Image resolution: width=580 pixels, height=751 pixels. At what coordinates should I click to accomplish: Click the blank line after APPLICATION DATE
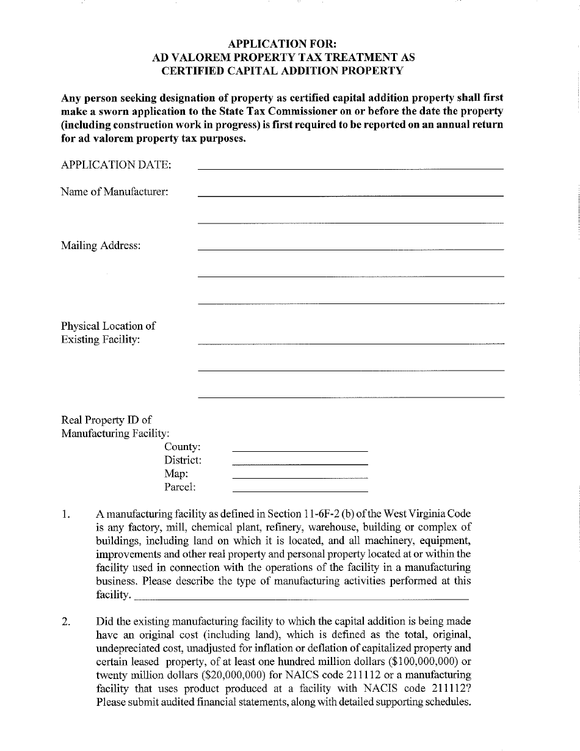point(350,167)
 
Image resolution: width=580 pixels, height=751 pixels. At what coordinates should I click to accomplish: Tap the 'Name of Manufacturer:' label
point(114,192)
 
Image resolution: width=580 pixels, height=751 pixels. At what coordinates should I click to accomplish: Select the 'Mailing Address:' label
point(101,245)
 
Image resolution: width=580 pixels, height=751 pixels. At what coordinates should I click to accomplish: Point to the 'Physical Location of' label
point(108,326)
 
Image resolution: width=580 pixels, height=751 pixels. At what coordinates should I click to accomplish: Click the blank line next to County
point(300,450)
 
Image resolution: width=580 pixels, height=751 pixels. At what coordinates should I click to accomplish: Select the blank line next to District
point(300,463)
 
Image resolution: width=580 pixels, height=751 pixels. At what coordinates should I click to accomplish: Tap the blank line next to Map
point(300,477)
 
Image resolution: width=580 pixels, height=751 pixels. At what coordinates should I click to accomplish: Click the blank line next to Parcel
point(300,490)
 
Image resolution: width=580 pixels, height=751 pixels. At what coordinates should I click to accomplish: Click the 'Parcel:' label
point(180,487)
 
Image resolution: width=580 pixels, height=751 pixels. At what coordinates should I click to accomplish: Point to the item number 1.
point(65,514)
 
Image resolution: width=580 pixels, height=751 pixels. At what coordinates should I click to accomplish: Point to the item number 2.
point(65,622)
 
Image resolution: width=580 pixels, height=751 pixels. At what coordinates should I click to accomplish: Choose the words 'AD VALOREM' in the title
point(187,57)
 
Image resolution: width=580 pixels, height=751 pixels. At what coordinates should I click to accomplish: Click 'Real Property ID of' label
point(106,420)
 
